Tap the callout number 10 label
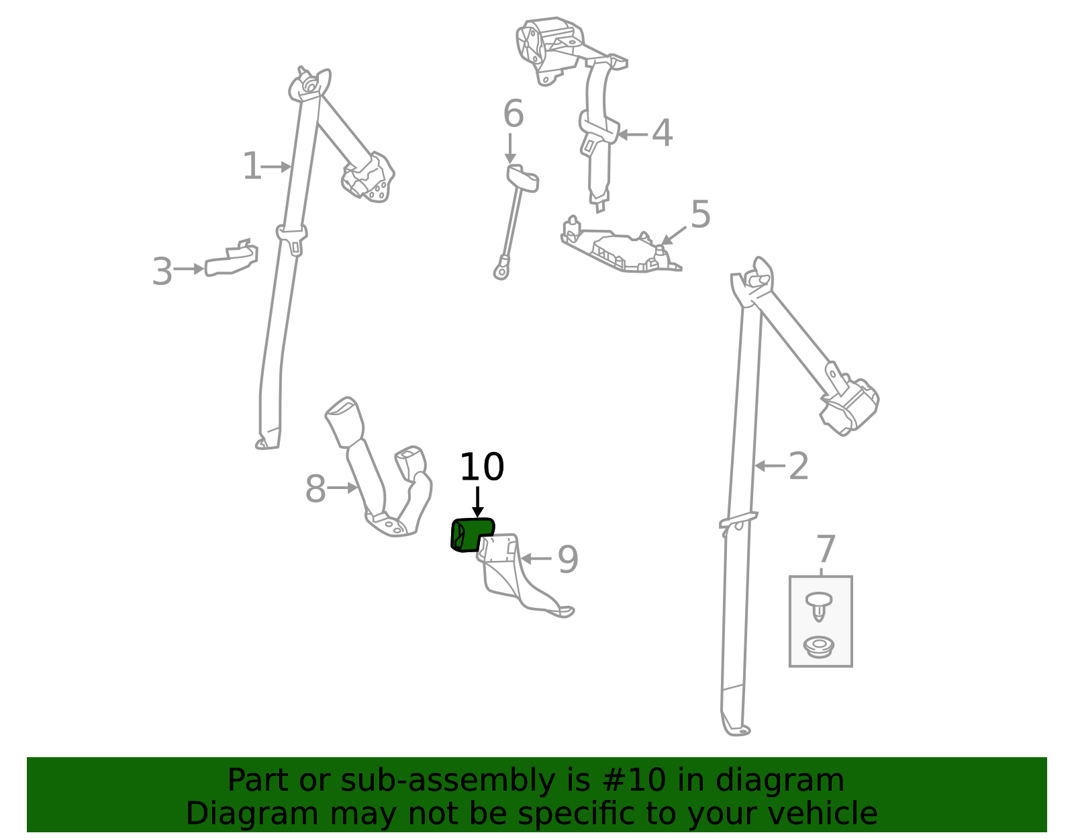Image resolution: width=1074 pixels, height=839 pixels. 482,467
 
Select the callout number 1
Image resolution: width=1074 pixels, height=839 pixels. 252,166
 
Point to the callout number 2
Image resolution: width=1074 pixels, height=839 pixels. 798,466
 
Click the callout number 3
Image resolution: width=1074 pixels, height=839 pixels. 162,271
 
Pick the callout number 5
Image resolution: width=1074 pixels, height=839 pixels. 700,214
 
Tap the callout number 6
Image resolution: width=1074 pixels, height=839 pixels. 514,114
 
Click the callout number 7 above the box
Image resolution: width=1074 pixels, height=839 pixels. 826,549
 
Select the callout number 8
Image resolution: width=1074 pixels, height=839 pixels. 315,489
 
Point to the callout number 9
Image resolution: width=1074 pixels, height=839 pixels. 568,560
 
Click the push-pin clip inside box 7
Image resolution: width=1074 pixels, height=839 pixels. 819,606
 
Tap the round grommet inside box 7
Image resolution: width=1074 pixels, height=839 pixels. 818,647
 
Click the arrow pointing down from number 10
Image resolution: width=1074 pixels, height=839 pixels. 477,502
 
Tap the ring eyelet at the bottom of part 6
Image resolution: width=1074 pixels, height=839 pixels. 501,271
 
